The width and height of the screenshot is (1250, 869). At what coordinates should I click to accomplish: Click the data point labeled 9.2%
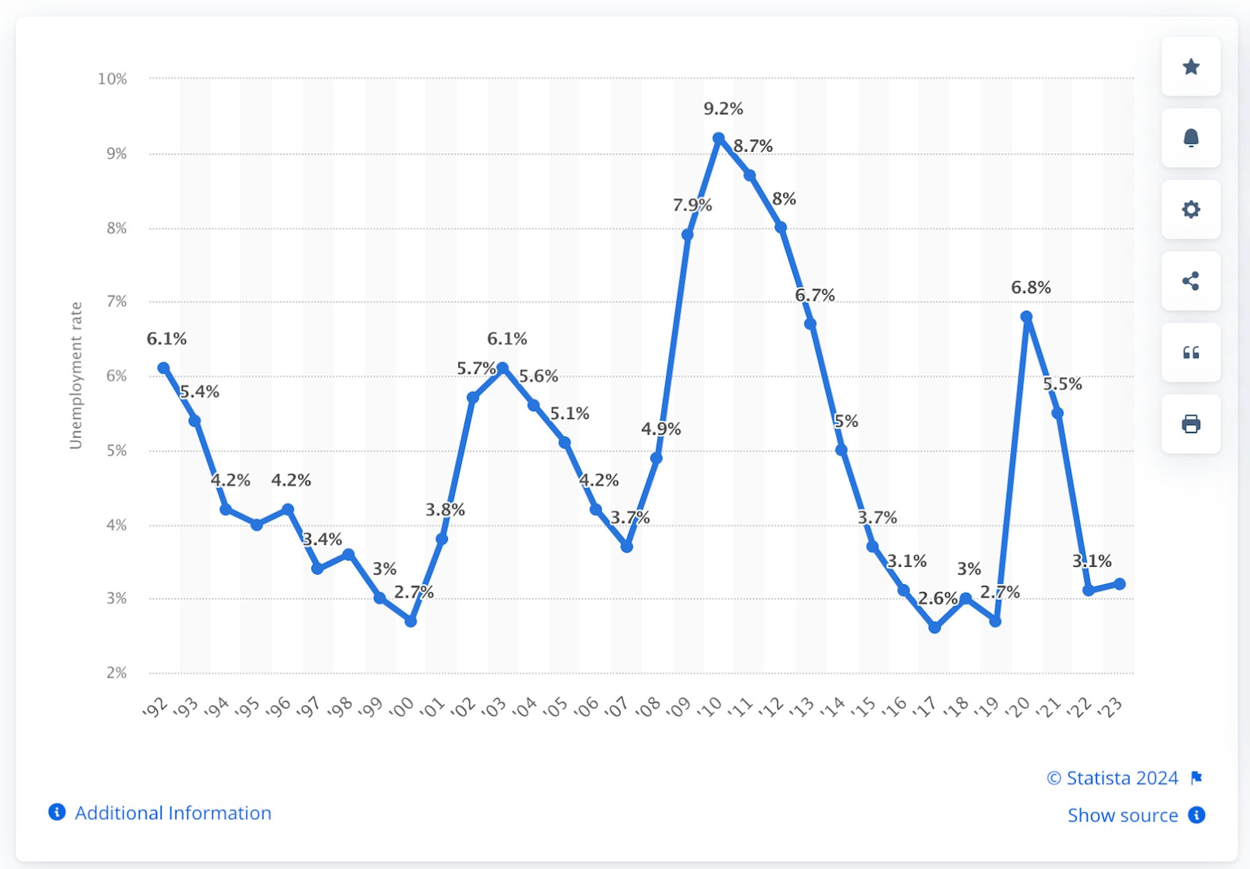click(719, 138)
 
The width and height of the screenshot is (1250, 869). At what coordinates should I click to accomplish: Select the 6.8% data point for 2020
click(1026, 317)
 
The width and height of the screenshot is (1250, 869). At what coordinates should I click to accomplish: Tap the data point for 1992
click(164, 368)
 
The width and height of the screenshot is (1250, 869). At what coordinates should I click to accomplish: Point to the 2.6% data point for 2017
click(934, 628)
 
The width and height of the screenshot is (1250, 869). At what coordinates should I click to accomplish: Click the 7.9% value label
click(692, 205)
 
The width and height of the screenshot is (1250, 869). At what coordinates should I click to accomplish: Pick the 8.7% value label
click(752, 146)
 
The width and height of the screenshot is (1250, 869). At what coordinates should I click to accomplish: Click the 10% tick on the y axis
click(112, 79)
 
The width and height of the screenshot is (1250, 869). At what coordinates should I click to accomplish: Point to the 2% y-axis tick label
click(116, 673)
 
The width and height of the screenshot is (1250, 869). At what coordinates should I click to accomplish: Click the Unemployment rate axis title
click(76, 375)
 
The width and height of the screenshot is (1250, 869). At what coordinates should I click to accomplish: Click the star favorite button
click(1191, 67)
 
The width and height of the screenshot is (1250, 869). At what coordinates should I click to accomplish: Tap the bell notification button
click(1191, 138)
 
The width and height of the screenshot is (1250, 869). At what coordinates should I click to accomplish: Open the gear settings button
click(1191, 209)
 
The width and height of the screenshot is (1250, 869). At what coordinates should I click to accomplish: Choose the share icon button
click(1191, 281)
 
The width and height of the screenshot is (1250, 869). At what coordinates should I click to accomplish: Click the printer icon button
click(1191, 424)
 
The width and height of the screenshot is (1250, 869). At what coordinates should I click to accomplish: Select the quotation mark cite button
click(1191, 353)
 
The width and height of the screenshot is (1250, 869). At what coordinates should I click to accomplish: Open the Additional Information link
click(172, 813)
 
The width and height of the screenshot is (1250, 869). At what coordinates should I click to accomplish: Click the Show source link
click(1122, 815)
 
